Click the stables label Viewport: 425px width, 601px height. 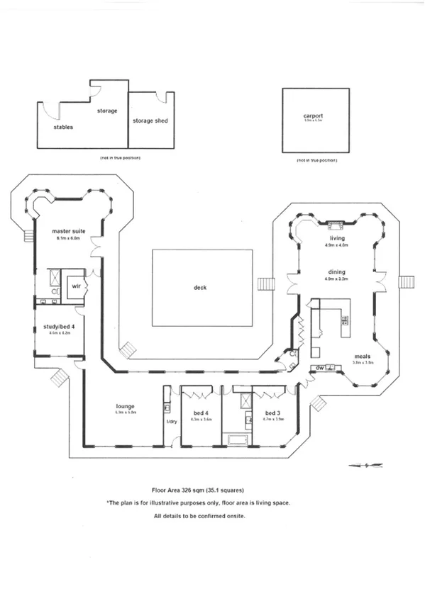[x=63, y=128]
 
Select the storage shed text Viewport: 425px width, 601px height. [x=150, y=121]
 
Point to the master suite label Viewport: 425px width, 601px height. [x=68, y=232]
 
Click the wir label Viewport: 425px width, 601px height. [x=75, y=286]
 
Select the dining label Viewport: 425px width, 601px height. [x=336, y=271]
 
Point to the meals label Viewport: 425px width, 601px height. [x=363, y=356]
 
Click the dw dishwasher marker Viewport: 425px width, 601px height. [x=320, y=368]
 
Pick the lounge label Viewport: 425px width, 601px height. [x=126, y=406]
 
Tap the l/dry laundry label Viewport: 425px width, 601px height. [x=170, y=422]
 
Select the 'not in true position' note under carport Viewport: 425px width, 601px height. [x=316, y=161]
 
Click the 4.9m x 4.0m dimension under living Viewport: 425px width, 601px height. [x=336, y=245]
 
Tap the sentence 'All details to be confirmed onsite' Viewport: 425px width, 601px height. [x=199, y=516]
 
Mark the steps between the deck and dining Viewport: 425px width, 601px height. [x=267, y=283]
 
